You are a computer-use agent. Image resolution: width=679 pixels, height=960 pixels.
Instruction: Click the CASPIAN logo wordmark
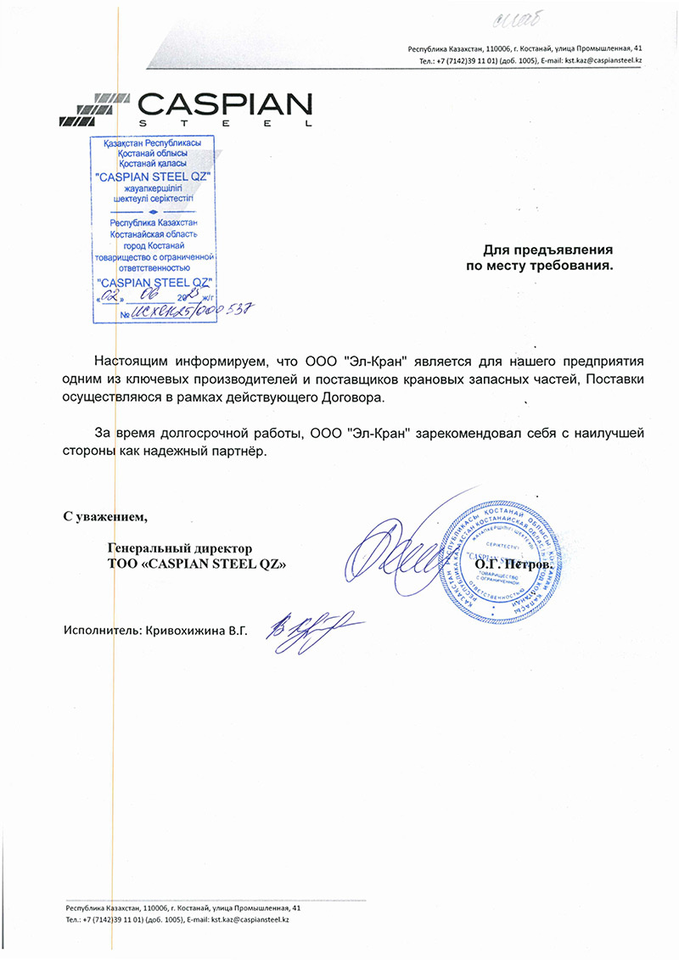(x=224, y=105)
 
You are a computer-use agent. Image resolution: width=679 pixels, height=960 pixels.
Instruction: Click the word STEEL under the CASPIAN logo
(x=224, y=125)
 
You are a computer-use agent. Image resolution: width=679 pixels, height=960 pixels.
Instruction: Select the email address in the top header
(x=603, y=62)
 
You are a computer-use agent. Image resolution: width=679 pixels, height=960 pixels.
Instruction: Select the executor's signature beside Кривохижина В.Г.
(x=302, y=629)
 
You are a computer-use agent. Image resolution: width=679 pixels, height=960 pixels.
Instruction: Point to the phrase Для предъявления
(x=547, y=250)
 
